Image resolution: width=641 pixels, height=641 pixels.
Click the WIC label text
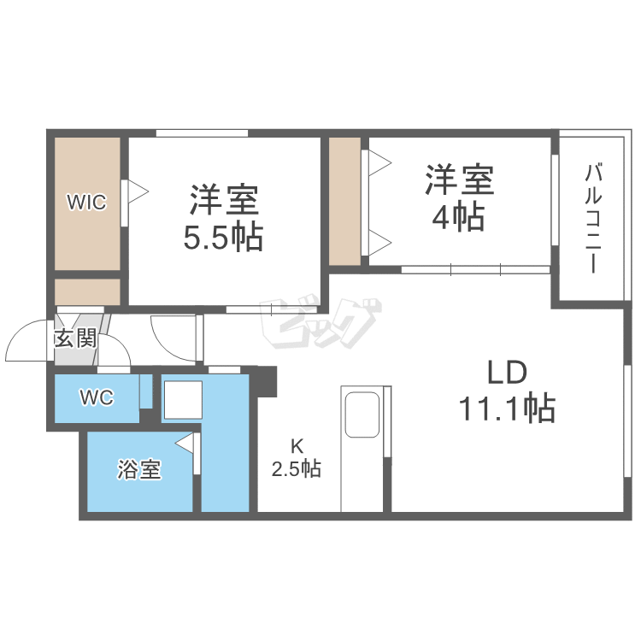[x=87, y=203]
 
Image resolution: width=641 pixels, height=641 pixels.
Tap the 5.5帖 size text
[x=223, y=237]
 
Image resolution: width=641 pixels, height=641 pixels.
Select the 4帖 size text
[x=459, y=218]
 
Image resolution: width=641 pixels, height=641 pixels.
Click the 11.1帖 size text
[x=508, y=409]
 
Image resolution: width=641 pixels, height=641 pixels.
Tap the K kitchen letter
[x=297, y=445]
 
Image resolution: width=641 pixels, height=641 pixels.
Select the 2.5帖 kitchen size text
[x=297, y=468]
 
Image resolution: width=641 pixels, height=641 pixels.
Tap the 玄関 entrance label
[x=75, y=338]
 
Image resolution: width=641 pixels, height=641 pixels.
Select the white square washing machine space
[x=181, y=399]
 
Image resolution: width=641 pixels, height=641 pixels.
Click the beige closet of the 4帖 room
[x=344, y=201]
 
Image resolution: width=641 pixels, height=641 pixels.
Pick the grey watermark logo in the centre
[x=321, y=320]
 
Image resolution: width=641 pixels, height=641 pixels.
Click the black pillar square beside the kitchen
[x=268, y=381]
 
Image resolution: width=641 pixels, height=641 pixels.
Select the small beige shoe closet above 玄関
[x=87, y=291]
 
